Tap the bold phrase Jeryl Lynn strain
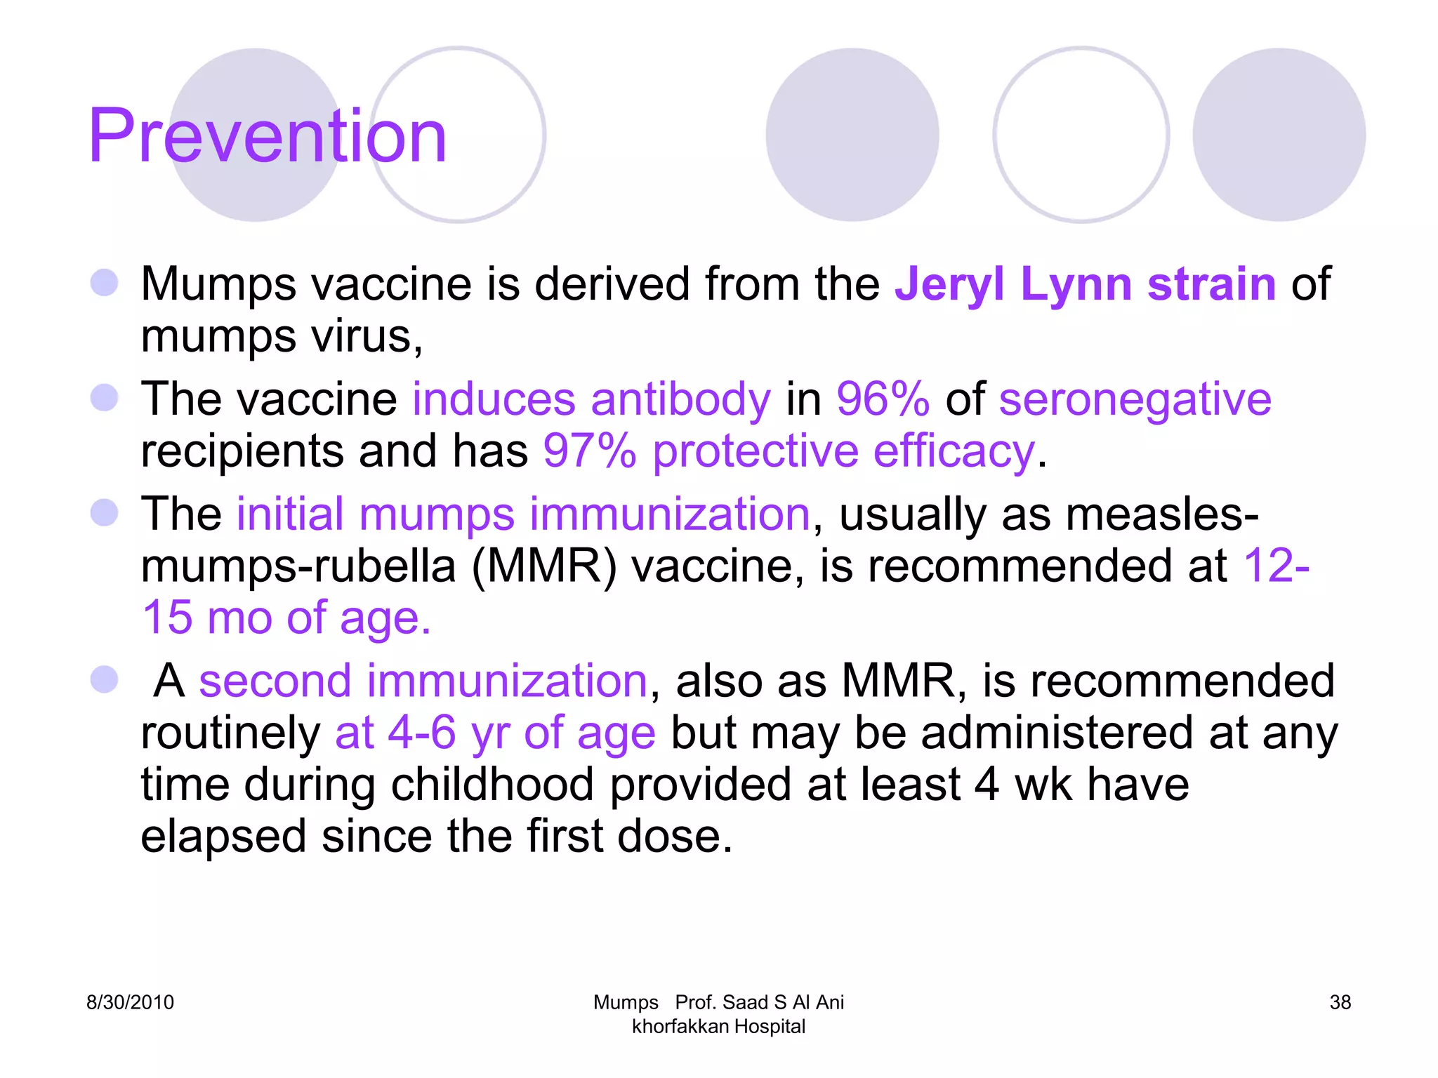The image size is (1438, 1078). tap(1085, 284)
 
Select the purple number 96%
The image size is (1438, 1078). tap(883, 399)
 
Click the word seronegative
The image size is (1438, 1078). tap(1135, 399)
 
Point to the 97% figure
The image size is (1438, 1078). tap(589, 451)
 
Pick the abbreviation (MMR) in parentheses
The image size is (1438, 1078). tap(543, 566)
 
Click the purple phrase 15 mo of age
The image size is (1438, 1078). tap(286, 618)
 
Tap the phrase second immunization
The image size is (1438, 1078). tap(423, 681)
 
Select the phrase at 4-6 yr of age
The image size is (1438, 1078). tap(495, 733)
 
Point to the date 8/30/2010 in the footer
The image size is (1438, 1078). tap(130, 1002)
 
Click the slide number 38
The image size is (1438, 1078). tap(1340, 1002)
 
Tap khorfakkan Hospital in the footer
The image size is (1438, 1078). tap(718, 1027)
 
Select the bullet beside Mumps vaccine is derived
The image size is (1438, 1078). tap(105, 284)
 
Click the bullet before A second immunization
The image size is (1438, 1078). tap(105, 680)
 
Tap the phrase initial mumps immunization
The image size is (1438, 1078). tap(523, 514)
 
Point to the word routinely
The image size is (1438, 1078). tap(230, 733)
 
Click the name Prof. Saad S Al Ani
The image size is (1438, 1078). tap(759, 1002)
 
